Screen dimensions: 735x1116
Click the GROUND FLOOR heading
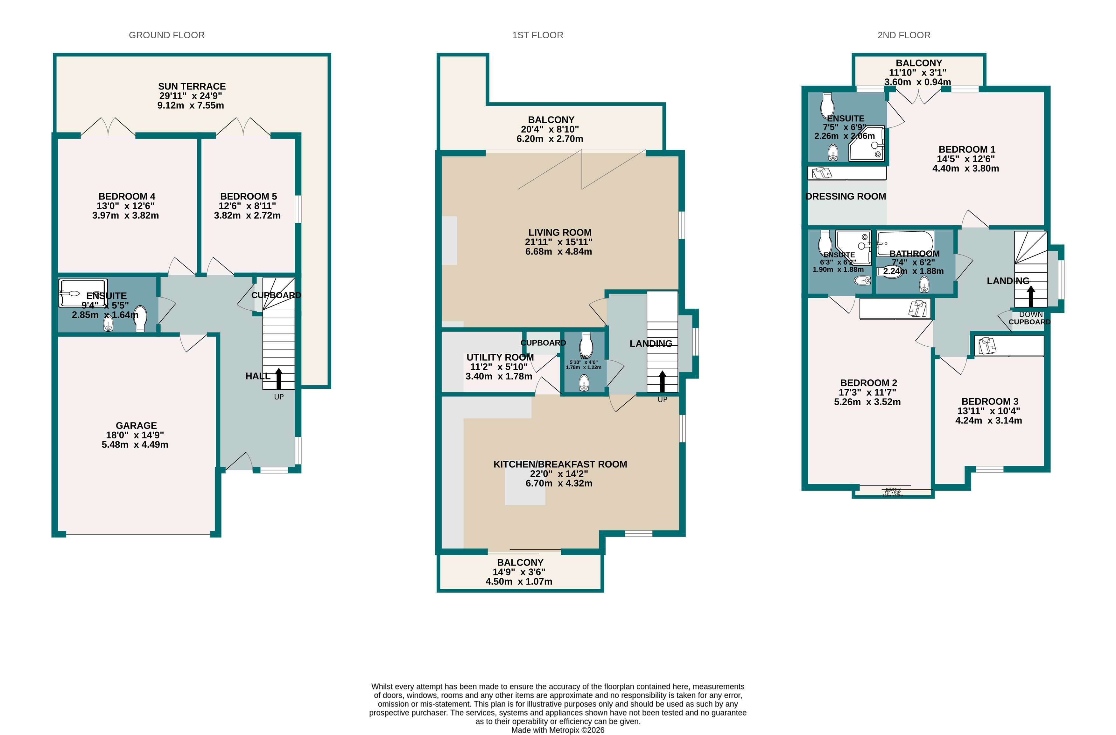(166, 35)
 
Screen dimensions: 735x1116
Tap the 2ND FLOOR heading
(903, 35)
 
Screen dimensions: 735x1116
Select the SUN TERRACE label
(192, 86)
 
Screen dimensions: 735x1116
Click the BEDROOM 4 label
(127, 196)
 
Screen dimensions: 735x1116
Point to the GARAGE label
(136, 425)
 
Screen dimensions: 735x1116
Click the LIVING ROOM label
(559, 232)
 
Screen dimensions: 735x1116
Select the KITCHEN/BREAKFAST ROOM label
(560, 464)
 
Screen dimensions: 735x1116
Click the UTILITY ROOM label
(500, 357)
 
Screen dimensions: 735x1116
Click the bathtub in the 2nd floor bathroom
(904, 243)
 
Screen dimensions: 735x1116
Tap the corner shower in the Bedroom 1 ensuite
(867, 144)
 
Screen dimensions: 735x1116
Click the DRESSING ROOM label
(846, 197)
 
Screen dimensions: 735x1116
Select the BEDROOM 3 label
(989, 401)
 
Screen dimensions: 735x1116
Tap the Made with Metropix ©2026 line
(558, 730)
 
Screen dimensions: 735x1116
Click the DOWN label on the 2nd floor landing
(1031, 314)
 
